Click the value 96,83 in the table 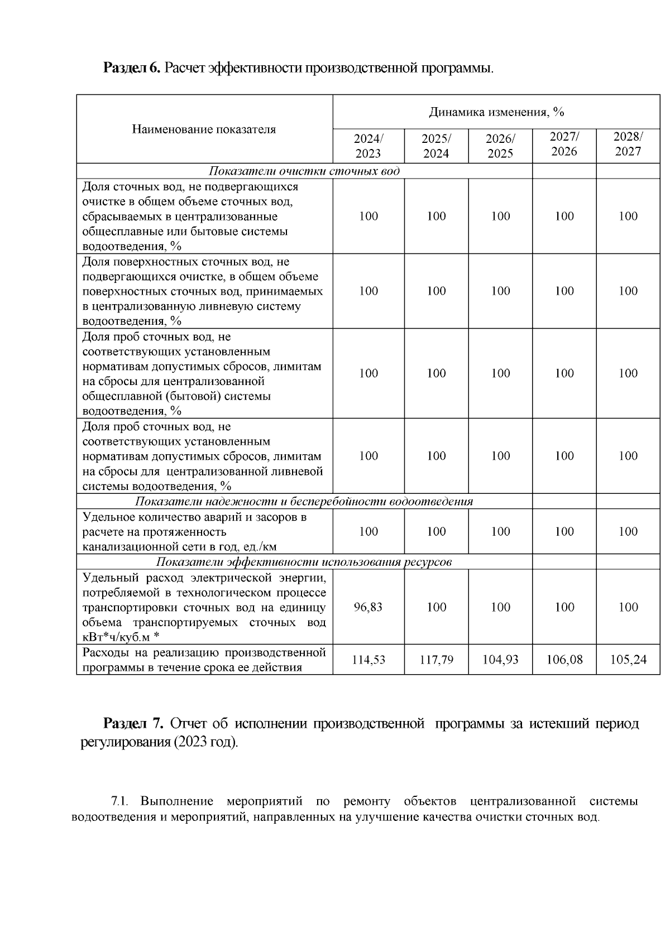click(368, 607)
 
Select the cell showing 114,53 click(368, 660)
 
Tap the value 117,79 click(436, 660)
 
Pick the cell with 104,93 click(500, 660)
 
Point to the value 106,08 click(564, 660)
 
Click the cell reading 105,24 click(628, 660)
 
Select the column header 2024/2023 click(368, 146)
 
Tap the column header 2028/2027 click(628, 144)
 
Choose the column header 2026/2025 click(500, 146)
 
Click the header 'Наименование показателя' click(204, 129)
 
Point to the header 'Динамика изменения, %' click(496, 112)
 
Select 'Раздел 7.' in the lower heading click(133, 724)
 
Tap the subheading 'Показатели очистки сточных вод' click(304, 171)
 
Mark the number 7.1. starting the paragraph click(120, 802)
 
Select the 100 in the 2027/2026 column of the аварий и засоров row click(564, 531)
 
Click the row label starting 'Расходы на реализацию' click(204, 660)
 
